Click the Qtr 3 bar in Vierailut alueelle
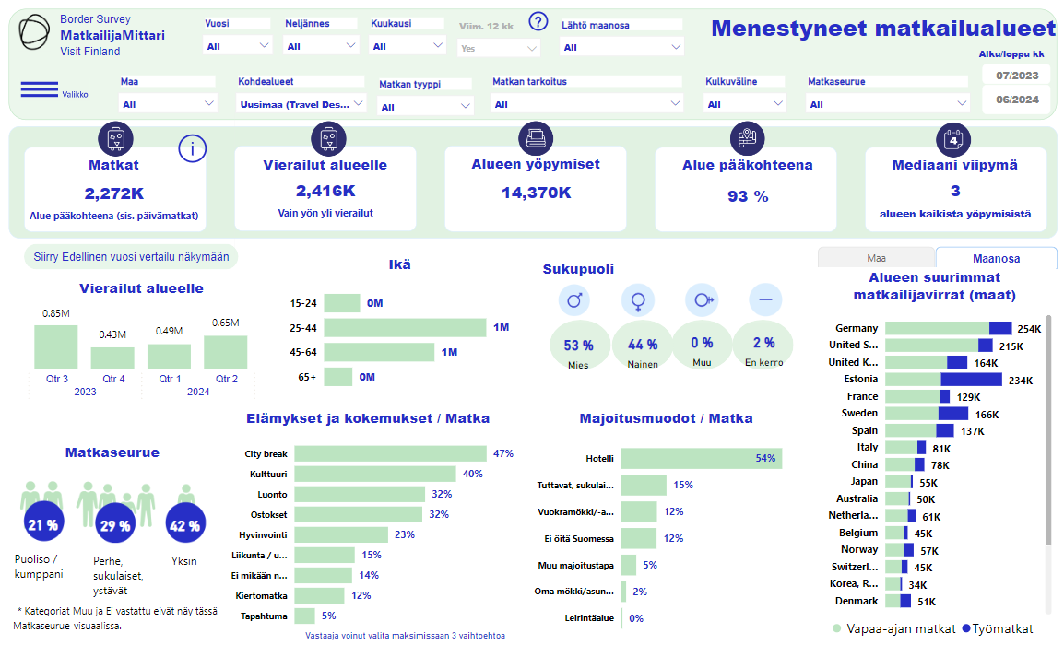click(x=56, y=347)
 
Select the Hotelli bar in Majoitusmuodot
click(x=701, y=459)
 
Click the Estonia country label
click(x=860, y=380)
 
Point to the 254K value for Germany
click(x=1029, y=329)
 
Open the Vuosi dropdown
click(x=238, y=45)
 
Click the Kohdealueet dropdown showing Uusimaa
click(x=301, y=104)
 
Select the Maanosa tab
click(x=996, y=258)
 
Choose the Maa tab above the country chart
click(x=876, y=258)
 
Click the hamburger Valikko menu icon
click(x=40, y=89)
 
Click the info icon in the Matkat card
click(x=192, y=148)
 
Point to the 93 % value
click(x=748, y=196)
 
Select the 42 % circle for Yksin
click(x=183, y=525)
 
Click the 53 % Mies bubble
click(x=578, y=345)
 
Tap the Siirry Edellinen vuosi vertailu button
click(x=131, y=257)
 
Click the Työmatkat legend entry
click(x=998, y=628)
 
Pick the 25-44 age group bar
click(x=405, y=327)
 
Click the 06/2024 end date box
click(x=1017, y=100)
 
